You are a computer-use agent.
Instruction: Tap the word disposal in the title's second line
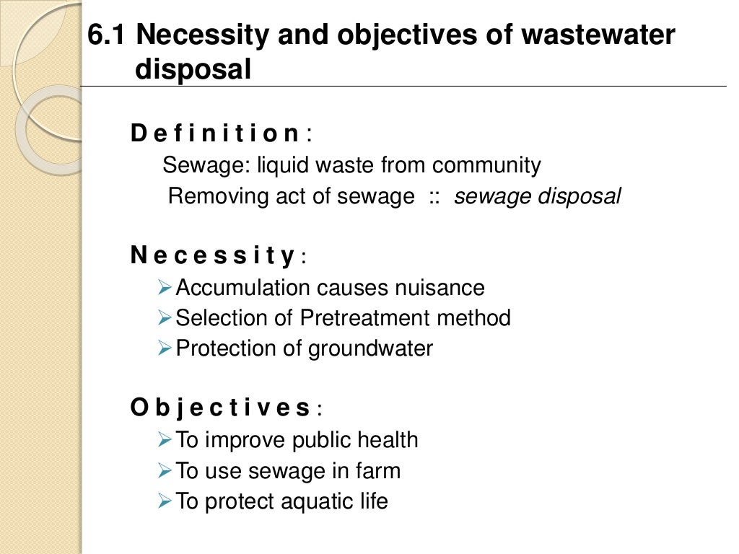193,69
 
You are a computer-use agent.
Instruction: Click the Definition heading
215,133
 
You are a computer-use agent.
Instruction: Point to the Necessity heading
213,255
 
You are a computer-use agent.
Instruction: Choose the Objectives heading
221,408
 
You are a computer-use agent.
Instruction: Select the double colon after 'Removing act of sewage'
434,197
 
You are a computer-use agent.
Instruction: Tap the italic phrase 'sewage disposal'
537,197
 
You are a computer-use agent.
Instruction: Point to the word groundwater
370,348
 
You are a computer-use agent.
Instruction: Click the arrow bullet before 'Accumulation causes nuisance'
164,288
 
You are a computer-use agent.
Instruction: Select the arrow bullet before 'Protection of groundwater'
164,348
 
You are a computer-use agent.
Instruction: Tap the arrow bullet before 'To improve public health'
164,439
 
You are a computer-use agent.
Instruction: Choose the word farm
377,471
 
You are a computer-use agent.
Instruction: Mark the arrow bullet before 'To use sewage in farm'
164,471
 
